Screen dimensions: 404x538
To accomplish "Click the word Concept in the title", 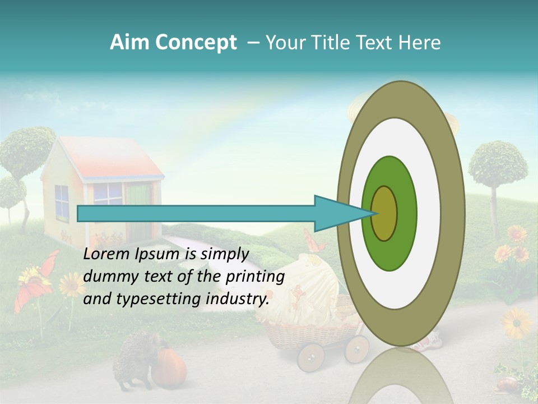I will [196, 43].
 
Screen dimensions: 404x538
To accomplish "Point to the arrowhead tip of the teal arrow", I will [375, 213].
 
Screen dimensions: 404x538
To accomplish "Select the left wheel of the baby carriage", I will [310, 357].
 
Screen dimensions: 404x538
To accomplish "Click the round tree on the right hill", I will [498, 164].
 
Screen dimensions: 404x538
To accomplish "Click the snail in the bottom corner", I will [507, 384].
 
